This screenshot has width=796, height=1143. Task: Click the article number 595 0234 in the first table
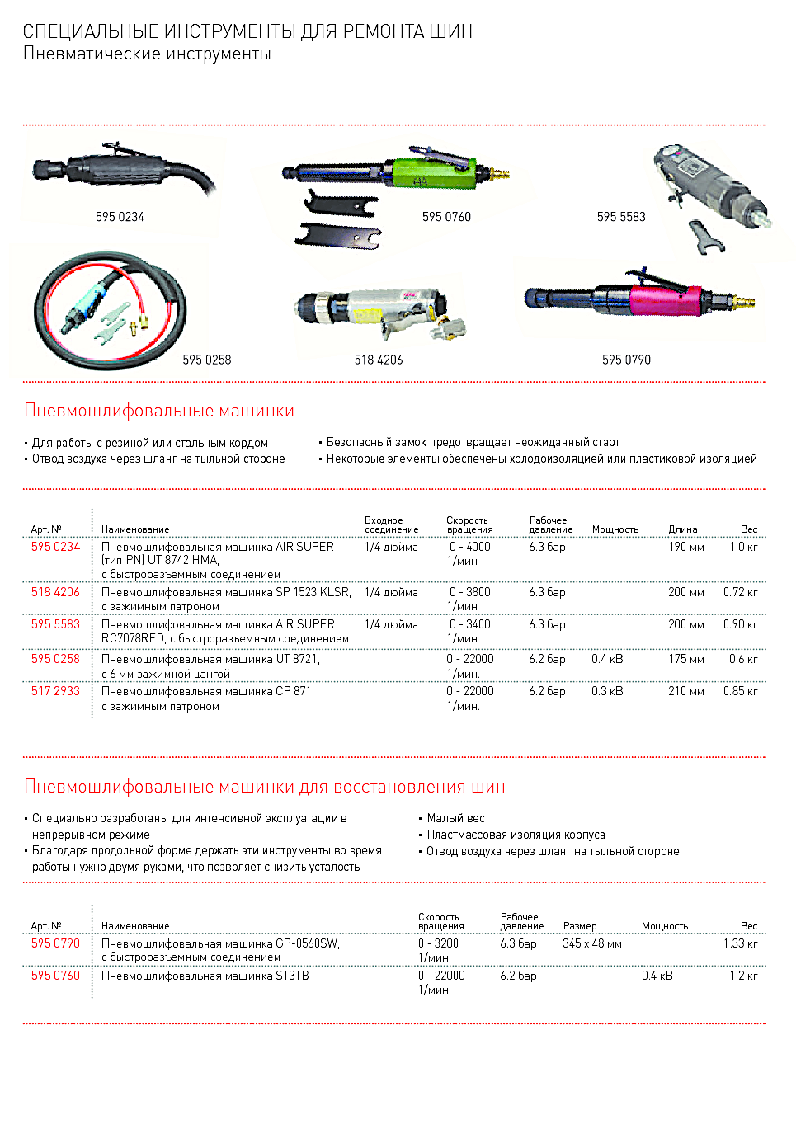click(55, 547)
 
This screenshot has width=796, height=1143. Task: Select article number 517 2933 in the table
click(55, 691)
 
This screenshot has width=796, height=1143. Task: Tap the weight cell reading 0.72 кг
click(740, 592)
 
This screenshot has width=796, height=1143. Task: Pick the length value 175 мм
click(686, 659)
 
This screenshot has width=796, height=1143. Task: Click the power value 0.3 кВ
click(607, 691)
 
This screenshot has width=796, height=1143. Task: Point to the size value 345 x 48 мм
click(592, 943)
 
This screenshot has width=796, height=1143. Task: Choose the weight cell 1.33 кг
click(740, 943)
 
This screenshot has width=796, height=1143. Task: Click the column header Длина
click(683, 529)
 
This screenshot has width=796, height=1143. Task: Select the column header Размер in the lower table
click(580, 926)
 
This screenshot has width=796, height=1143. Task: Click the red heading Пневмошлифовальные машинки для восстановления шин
click(265, 787)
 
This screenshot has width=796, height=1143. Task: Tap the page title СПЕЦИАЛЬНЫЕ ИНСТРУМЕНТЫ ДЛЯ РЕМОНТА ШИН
click(247, 31)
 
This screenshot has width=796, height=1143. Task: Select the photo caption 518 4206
click(379, 360)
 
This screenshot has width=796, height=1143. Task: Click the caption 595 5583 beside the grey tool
click(621, 217)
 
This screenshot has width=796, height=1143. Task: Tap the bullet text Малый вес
click(455, 818)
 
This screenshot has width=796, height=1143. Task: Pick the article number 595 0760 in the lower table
click(55, 976)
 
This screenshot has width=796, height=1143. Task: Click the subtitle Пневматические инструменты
click(147, 54)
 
